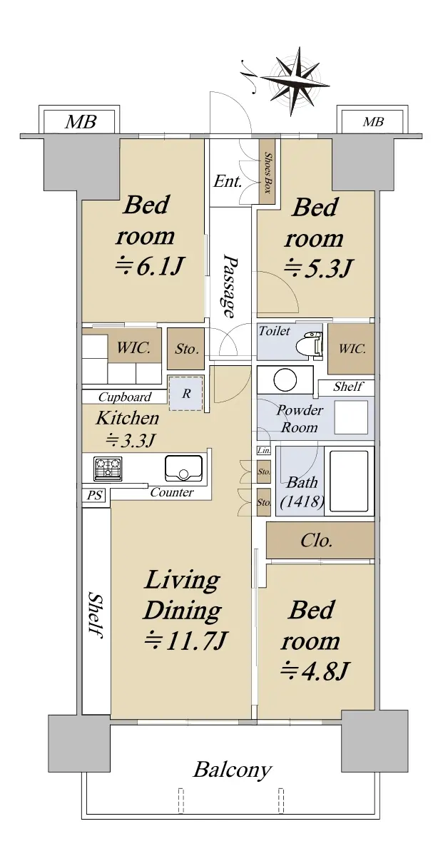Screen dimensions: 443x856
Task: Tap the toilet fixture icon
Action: click(x=310, y=344)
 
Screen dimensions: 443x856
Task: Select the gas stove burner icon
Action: click(x=108, y=469)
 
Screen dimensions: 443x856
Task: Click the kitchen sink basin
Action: click(x=183, y=468)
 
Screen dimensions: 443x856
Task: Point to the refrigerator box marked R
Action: click(x=186, y=393)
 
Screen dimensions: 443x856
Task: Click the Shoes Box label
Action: click(x=268, y=172)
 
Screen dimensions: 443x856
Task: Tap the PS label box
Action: click(x=94, y=495)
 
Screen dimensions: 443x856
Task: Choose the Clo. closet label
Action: click(x=316, y=541)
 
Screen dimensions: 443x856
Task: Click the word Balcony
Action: click(x=233, y=770)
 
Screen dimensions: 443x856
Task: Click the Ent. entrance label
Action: click(x=228, y=180)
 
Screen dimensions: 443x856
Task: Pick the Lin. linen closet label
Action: click(x=264, y=451)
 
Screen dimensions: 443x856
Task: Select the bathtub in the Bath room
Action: click(x=349, y=481)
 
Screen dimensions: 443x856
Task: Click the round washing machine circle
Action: click(x=285, y=379)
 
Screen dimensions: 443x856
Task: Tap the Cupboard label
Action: click(x=125, y=397)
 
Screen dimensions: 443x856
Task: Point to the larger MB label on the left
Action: click(x=81, y=122)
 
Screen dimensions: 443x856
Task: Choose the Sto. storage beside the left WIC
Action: click(x=186, y=349)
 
